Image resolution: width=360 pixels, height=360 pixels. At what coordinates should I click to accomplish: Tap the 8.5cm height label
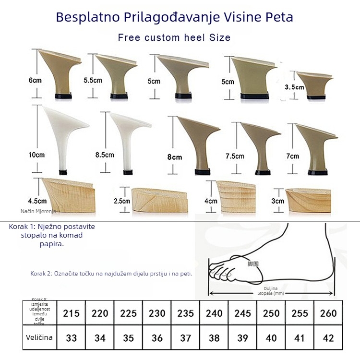click(105, 155)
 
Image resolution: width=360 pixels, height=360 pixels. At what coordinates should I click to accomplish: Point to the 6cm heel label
click(35, 81)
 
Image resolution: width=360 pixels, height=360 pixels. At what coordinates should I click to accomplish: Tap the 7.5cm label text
click(235, 156)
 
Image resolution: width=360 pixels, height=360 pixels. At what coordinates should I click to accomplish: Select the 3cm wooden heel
click(308, 197)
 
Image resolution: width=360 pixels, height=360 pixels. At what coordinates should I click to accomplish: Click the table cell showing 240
click(214, 313)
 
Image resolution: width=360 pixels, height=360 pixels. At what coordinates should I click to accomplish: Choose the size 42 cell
click(328, 338)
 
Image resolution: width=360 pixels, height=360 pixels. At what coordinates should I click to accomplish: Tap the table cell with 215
click(71, 313)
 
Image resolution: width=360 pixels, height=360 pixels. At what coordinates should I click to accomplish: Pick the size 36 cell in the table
click(157, 338)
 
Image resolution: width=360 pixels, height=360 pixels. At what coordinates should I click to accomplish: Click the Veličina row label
click(39, 337)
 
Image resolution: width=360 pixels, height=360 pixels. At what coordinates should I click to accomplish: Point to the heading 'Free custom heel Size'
click(174, 37)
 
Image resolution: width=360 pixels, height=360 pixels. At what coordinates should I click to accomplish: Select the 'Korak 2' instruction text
click(111, 274)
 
